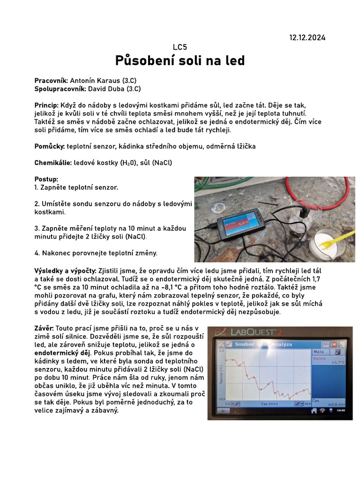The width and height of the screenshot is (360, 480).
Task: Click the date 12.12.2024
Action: [307, 37]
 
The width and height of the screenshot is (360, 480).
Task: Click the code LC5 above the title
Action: [180, 47]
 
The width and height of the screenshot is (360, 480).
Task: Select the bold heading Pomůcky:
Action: [50, 147]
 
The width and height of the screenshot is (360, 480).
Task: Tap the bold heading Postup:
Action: [46, 179]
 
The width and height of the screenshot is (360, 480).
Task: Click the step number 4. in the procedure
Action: [37, 253]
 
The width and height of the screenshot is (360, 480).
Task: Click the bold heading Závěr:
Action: [45, 329]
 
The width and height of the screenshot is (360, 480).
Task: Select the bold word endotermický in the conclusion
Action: [56, 352]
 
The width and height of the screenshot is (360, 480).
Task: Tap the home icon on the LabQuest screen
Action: [314, 411]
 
